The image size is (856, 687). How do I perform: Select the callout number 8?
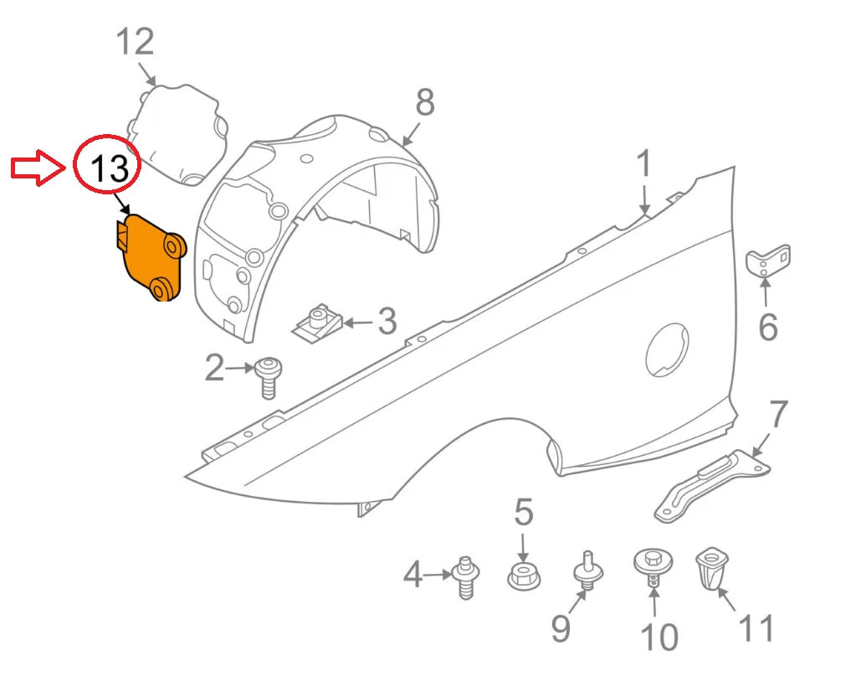[425, 103]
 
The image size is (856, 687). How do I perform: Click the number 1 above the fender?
[643, 165]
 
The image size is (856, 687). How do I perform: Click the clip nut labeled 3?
[316, 322]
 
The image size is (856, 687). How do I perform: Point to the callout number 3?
[386, 321]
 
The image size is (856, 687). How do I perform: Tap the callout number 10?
[659, 638]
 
